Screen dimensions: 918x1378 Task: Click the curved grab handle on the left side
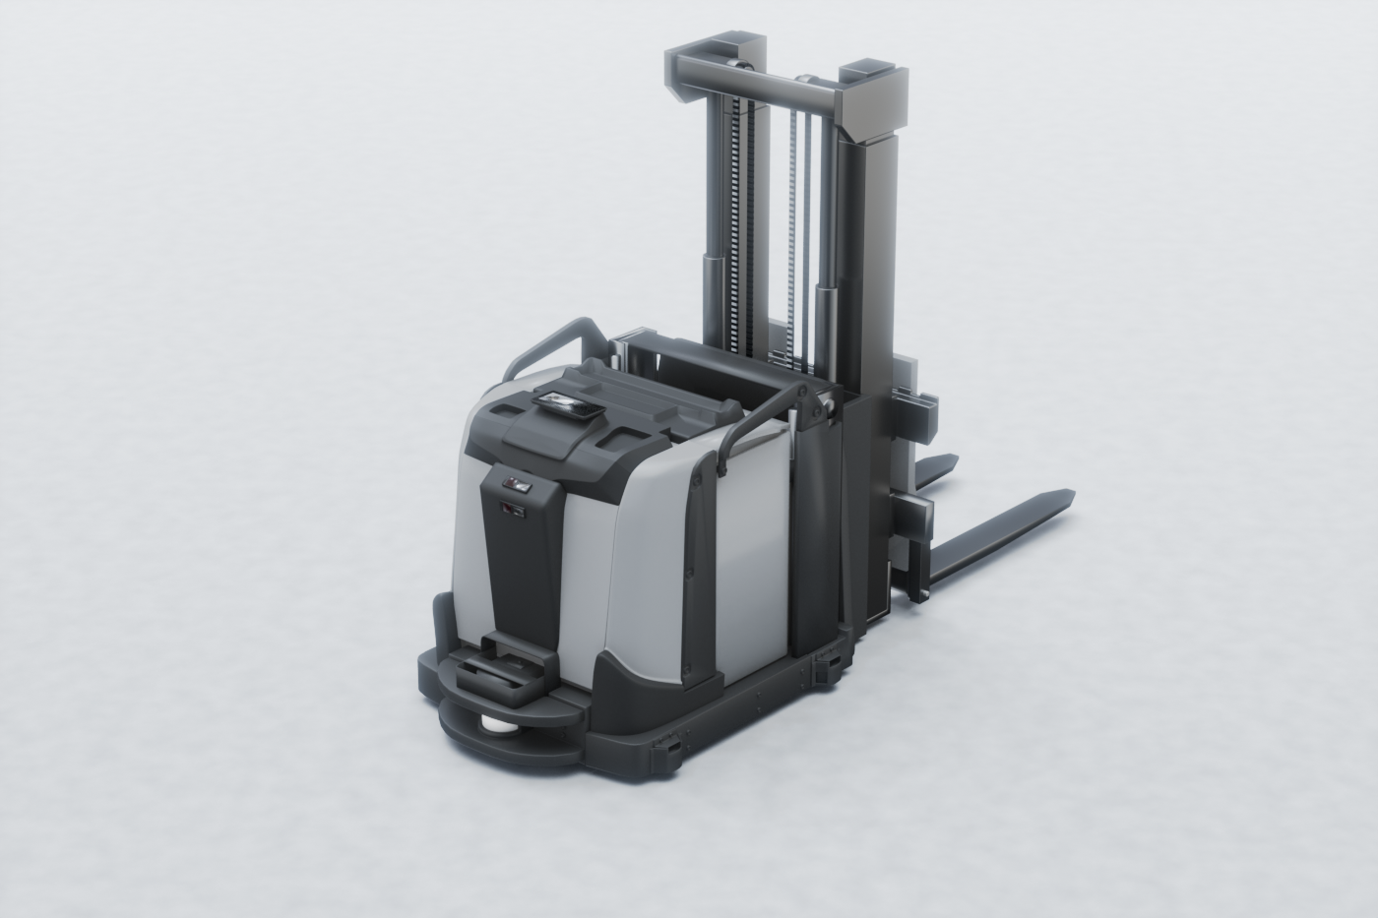[551, 339]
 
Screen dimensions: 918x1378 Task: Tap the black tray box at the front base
[503, 677]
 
